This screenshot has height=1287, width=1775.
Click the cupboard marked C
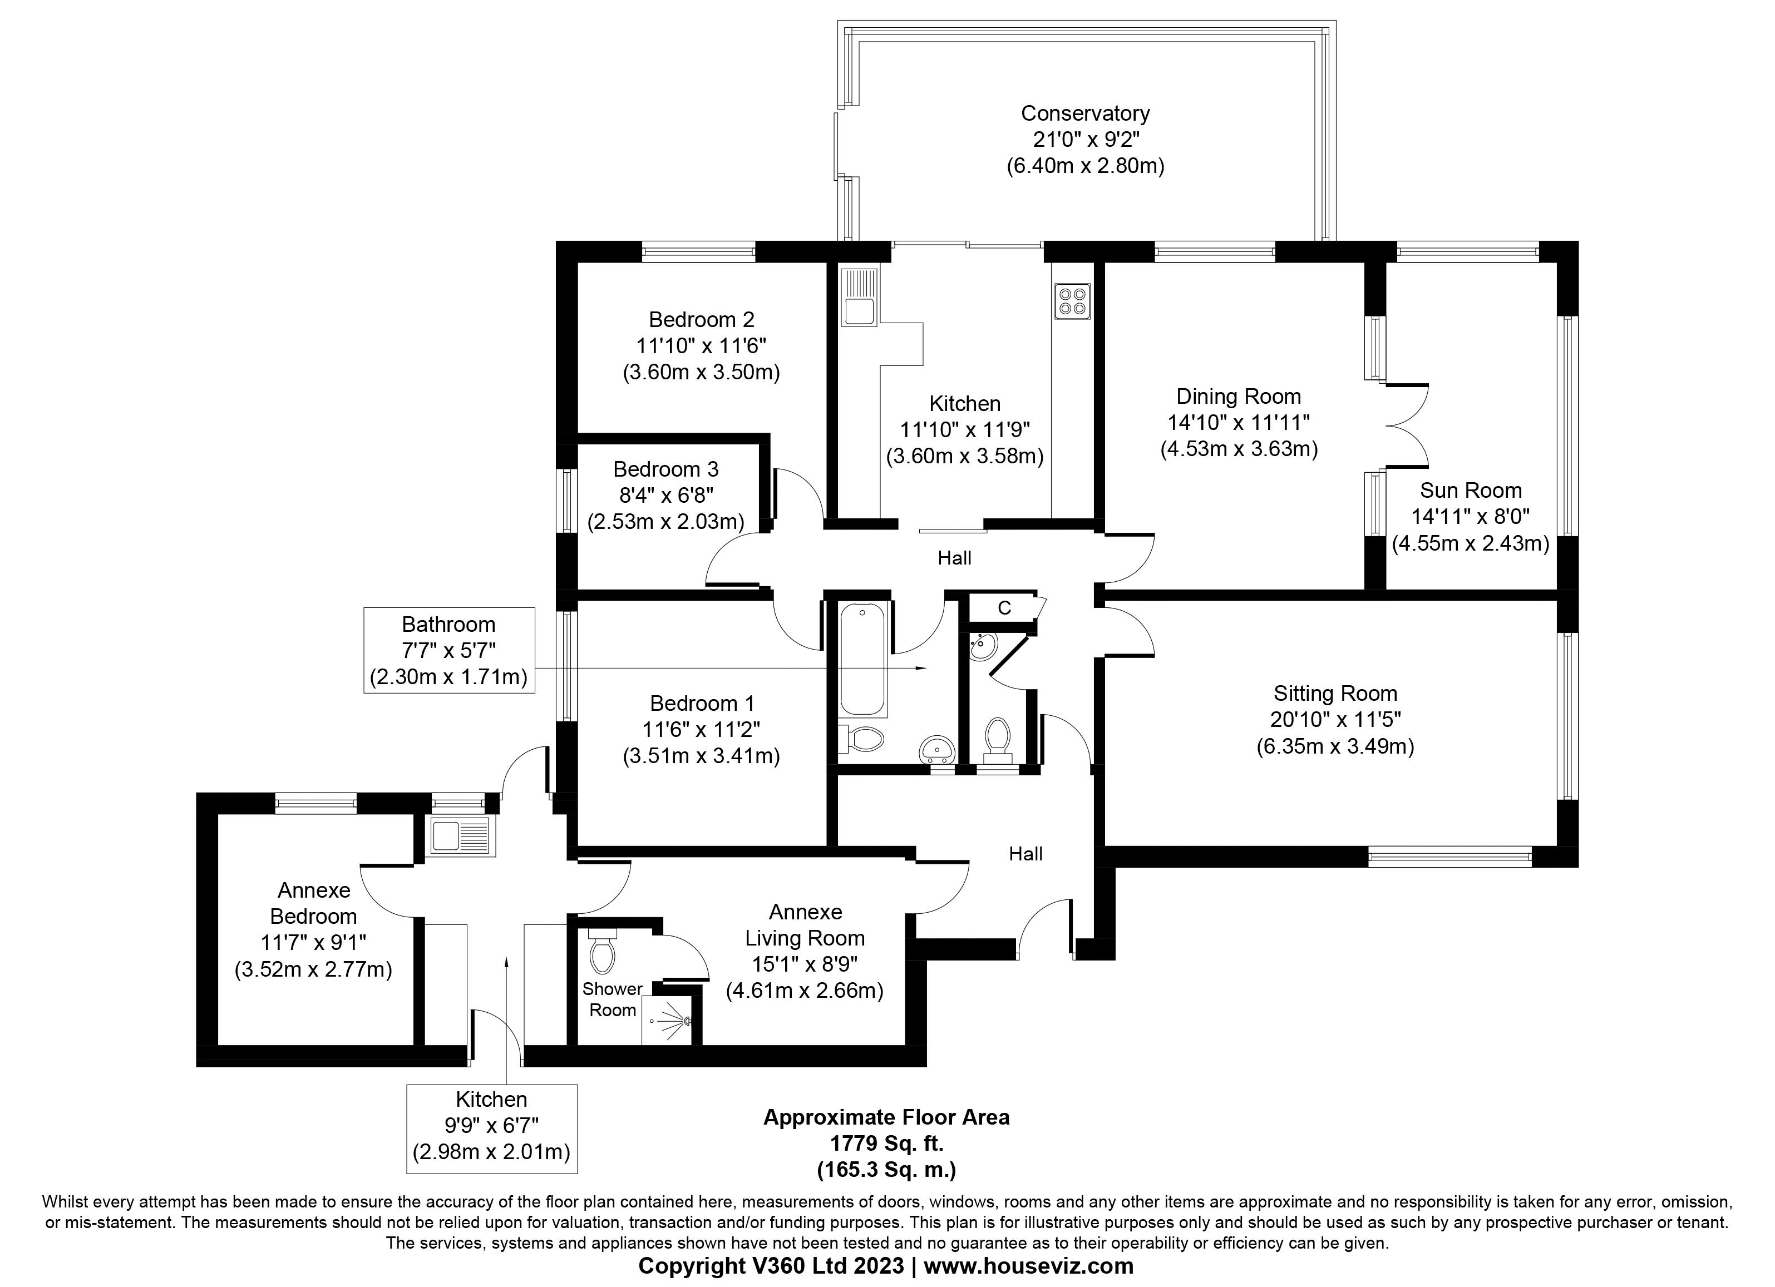point(1004,608)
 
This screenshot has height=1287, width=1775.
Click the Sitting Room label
point(1335,693)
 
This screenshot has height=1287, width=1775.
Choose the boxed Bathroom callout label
point(448,650)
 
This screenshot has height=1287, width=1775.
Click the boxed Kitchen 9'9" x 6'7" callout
point(491,1127)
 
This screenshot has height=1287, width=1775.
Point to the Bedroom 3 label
point(665,469)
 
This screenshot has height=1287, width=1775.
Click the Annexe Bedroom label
point(313,903)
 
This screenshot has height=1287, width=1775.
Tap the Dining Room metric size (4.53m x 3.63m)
point(1239,449)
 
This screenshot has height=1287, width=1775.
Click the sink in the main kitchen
point(859,298)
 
